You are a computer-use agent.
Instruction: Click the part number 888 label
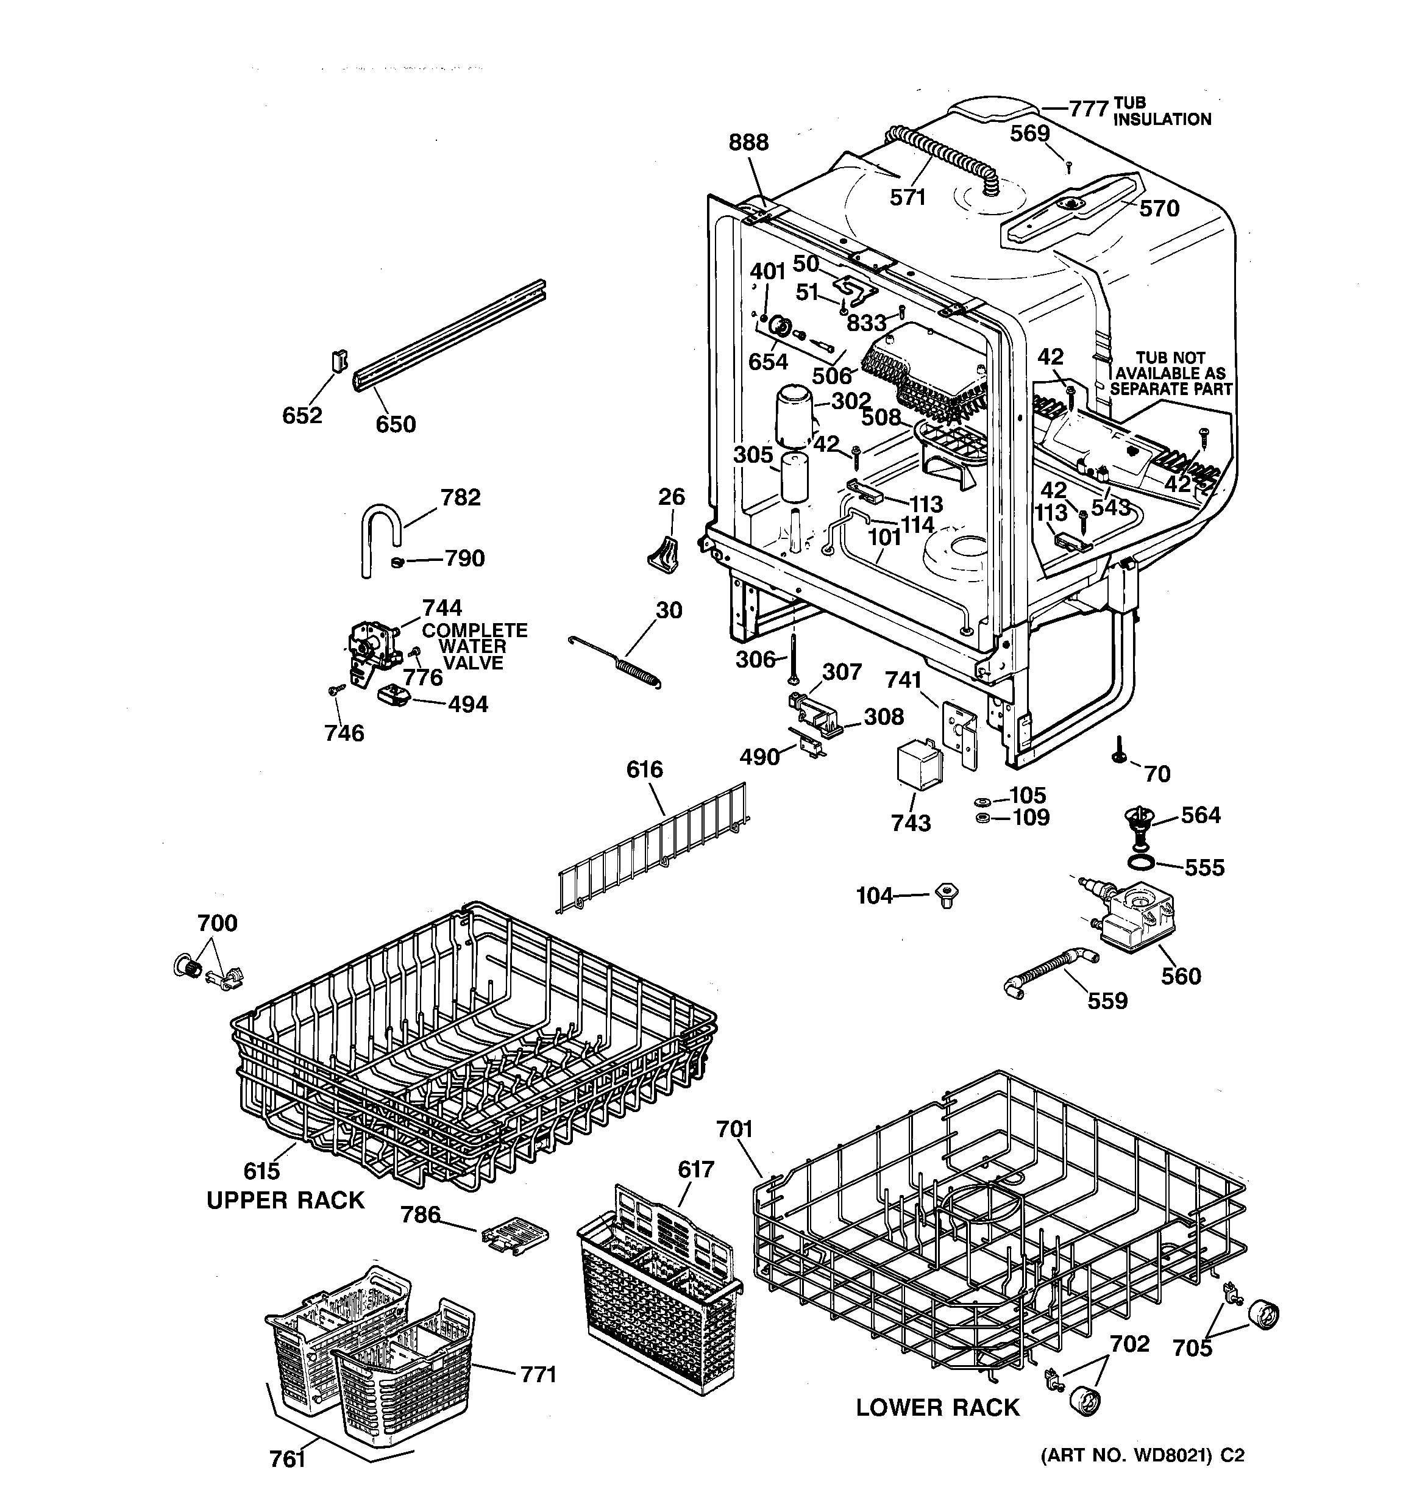click(x=748, y=143)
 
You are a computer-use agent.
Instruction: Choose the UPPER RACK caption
click(x=285, y=1200)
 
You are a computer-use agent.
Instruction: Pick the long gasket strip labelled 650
click(x=448, y=335)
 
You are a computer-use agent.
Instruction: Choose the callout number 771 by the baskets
click(x=538, y=1374)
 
